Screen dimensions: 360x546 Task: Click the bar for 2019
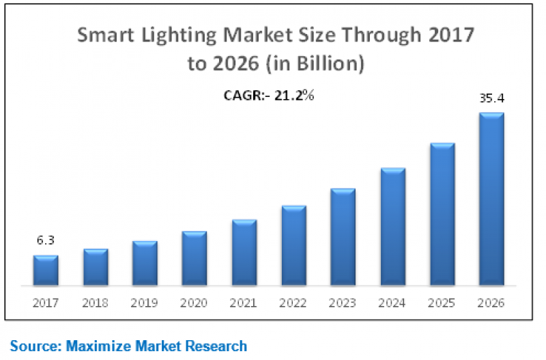point(145,263)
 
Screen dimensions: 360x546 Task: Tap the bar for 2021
point(244,252)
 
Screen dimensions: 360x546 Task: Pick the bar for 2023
point(343,236)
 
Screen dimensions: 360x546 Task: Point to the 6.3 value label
point(46,240)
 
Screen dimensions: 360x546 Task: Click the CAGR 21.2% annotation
point(269,96)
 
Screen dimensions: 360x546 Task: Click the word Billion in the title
point(332,64)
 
